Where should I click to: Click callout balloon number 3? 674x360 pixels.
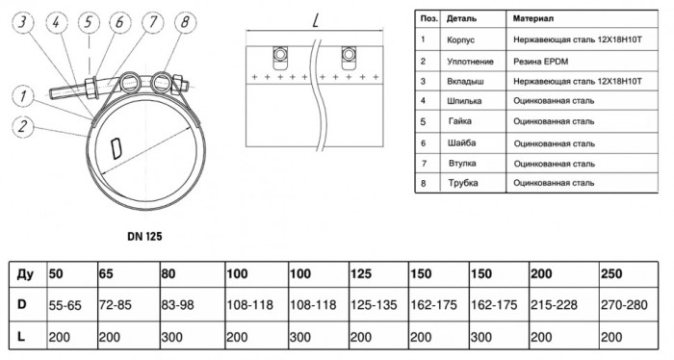pos(23,22)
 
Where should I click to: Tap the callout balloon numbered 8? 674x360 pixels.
pos(185,22)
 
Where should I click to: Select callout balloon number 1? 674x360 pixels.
pos(23,96)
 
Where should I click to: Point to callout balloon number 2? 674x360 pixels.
pos(23,127)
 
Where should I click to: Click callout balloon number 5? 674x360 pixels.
pos(89,22)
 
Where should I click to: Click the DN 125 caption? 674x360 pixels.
pos(144,236)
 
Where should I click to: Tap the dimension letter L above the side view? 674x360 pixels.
pos(316,19)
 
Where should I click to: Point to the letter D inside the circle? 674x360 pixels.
pos(117,149)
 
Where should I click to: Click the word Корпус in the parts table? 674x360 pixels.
pos(461,40)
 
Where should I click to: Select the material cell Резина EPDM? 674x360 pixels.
pos(541,62)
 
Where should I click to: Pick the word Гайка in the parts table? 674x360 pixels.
pos(460,121)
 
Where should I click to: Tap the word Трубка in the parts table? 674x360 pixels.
pos(463,183)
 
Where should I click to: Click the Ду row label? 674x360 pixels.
pos(25,273)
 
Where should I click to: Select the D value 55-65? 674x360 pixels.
pos(65,305)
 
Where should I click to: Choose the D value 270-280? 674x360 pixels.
pos(624,305)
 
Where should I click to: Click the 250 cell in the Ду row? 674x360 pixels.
pos(611,273)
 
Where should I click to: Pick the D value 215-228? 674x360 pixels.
pos(554,305)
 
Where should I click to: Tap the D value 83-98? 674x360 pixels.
pos(177,305)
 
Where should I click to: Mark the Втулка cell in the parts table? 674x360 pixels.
pos(462,164)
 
